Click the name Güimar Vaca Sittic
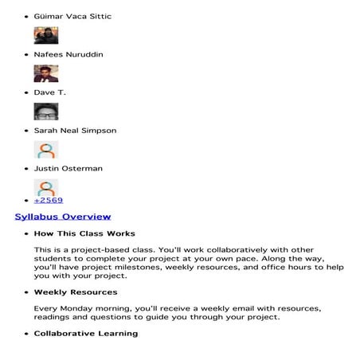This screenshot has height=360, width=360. point(72,16)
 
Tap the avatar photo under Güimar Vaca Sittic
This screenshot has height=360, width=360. point(45,35)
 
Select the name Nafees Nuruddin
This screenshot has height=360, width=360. point(68,54)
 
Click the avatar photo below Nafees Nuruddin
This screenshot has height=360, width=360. point(45,73)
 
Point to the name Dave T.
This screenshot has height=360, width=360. point(50,92)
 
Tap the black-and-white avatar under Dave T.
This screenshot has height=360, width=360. point(45,112)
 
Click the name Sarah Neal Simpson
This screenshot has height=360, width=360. point(75,131)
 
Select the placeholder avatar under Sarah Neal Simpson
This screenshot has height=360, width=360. point(45,150)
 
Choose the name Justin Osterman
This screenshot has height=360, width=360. point(68,169)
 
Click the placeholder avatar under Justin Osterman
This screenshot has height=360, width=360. point(45,188)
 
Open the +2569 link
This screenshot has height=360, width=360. point(49,200)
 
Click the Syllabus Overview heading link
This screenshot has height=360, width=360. point(63,217)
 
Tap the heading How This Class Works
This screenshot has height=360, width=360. point(84,233)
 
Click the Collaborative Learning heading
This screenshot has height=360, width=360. point(85,333)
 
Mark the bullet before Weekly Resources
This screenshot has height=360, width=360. point(26,293)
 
